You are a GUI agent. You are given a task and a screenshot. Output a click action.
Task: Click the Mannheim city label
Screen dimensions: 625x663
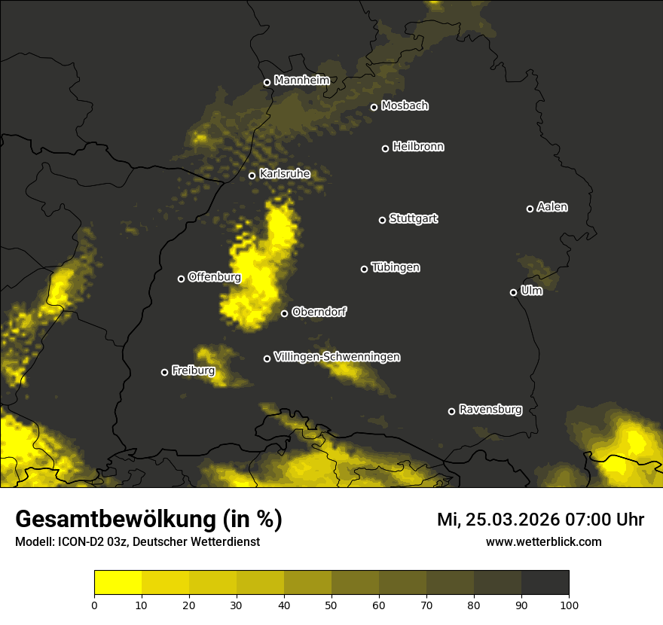[301, 81]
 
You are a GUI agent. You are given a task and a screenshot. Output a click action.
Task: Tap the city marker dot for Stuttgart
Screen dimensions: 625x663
[382, 220]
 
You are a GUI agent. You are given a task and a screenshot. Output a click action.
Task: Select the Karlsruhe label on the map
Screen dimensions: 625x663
[284, 174]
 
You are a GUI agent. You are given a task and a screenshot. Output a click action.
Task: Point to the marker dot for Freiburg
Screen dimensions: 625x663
[164, 372]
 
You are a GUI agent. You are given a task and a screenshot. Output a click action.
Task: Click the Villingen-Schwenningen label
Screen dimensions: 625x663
[337, 357]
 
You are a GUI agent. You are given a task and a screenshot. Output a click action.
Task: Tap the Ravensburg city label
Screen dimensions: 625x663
[490, 410]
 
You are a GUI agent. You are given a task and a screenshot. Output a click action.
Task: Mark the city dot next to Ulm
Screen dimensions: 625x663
[513, 292]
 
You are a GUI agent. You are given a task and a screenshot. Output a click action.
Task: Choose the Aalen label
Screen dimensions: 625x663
[551, 207]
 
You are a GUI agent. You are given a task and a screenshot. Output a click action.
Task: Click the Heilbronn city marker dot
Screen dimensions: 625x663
[385, 148]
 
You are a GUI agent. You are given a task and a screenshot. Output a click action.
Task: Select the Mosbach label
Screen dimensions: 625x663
[404, 106]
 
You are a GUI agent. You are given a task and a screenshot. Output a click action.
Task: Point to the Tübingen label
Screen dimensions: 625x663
[395, 267]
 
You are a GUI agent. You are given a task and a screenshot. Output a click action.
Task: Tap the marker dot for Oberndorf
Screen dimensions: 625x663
[284, 313]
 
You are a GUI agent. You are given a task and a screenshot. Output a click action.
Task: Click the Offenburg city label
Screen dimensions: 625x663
[214, 277]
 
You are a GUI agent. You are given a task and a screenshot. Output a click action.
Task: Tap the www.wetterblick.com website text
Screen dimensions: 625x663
[543, 541]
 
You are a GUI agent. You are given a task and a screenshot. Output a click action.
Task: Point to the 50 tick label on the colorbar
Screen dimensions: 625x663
[331, 604]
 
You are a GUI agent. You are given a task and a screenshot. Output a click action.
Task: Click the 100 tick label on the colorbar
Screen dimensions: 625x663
[569, 604]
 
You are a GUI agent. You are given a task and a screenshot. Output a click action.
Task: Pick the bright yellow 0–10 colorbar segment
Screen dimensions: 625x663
[118, 583]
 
